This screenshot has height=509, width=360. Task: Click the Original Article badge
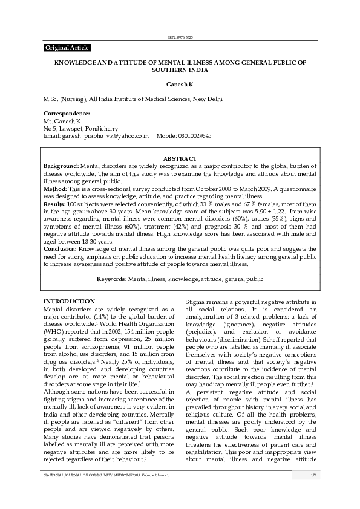(x=67, y=48)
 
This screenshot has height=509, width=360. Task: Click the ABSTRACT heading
(x=180, y=158)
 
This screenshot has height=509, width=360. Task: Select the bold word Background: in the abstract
(x=61, y=165)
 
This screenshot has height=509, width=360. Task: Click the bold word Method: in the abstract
(x=55, y=189)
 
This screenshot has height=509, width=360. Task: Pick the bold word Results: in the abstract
(x=55, y=204)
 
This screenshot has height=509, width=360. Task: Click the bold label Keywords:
(x=112, y=279)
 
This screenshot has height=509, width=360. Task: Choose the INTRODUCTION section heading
(x=69, y=301)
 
